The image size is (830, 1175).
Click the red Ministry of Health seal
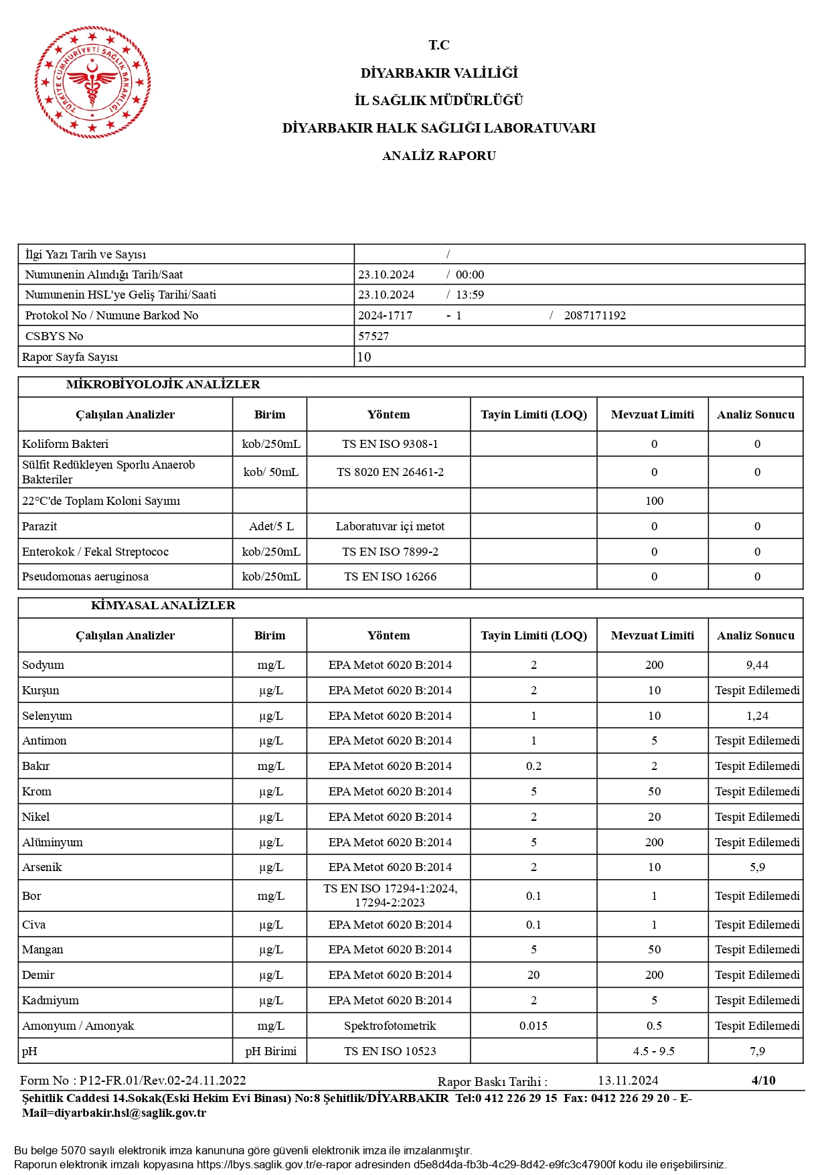coord(92,82)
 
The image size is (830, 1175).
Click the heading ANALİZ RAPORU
coord(439,156)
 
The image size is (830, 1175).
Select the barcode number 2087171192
coord(594,315)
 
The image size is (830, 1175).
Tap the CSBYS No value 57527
coord(373,336)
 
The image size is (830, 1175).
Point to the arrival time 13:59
coord(470,295)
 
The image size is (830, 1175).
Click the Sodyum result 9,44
coord(757,665)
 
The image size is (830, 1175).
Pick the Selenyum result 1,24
coord(757,716)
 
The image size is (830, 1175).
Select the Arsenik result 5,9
coord(757,867)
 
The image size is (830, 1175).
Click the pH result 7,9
coord(757,1051)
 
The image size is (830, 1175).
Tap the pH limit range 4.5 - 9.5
coord(653,1051)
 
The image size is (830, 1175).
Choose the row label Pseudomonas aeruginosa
coord(85,576)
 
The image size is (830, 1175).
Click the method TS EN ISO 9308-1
coord(390,444)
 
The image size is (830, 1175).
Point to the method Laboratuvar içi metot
coord(390,526)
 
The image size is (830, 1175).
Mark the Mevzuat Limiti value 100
coord(654,501)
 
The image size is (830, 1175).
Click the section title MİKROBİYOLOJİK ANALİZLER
coord(163,384)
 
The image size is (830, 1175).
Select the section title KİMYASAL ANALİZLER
coord(163,605)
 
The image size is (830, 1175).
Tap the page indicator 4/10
coord(763,1080)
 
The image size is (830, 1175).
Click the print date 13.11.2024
coord(628,1081)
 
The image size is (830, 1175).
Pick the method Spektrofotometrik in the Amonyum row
coord(390,1026)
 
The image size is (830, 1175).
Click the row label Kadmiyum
coord(50,1000)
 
